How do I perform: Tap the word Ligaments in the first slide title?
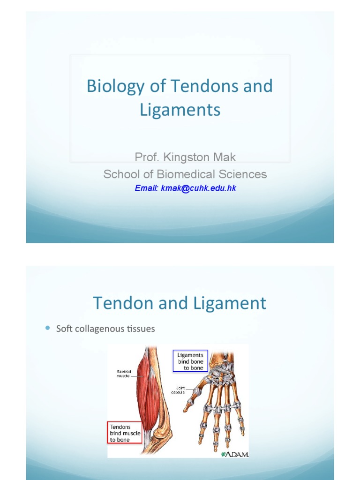(x=180, y=110)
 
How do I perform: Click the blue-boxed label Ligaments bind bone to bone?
(x=190, y=361)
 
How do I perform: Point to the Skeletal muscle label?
(x=124, y=374)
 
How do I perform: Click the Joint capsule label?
(x=180, y=390)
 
